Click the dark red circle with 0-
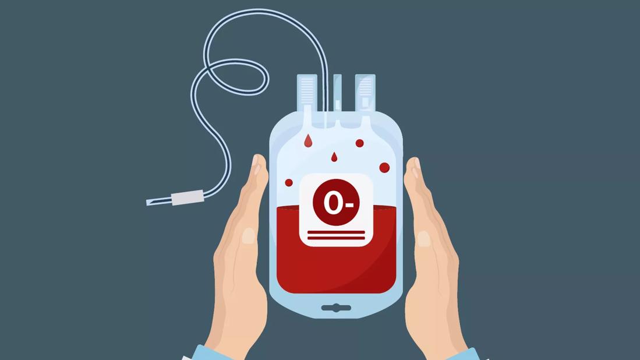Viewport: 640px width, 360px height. (336, 202)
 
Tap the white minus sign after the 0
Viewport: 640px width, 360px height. (349, 204)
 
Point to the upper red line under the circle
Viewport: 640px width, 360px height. (336, 232)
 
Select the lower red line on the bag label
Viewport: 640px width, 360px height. (336, 238)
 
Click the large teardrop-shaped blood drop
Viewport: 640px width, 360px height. (308, 140)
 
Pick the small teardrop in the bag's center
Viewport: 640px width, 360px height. (334, 157)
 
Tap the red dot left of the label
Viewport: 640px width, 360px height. (289, 182)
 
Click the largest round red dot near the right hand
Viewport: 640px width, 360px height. (384, 167)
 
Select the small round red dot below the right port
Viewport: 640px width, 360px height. (359, 143)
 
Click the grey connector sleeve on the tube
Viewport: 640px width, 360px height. (188, 197)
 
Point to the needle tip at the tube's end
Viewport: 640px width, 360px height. (148, 203)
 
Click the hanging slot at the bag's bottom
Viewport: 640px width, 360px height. (336, 308)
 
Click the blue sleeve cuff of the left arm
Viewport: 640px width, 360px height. (207, 354)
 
